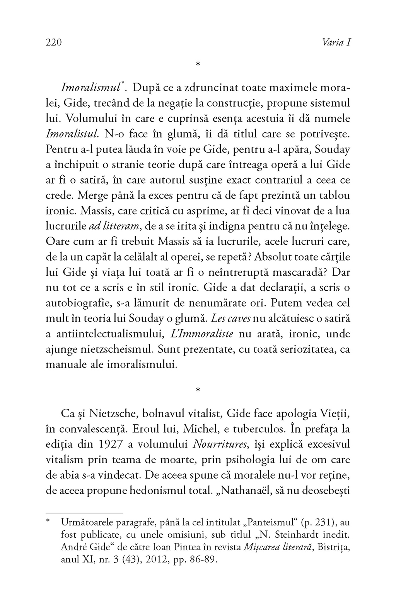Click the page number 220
pos(54,42)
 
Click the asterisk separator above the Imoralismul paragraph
pos(198,64)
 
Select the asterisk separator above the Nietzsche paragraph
pos(198,390)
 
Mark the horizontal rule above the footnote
pos(84,513)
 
